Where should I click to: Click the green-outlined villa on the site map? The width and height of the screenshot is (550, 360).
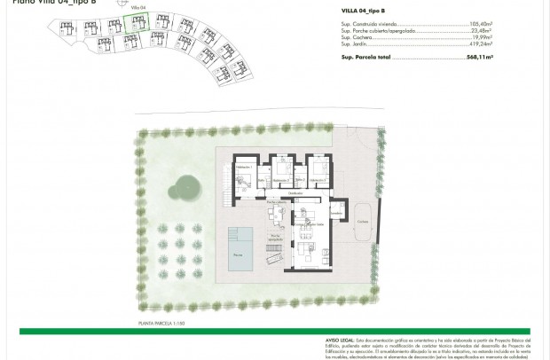[135, 23]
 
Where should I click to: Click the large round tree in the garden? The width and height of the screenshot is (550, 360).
[186, 187]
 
